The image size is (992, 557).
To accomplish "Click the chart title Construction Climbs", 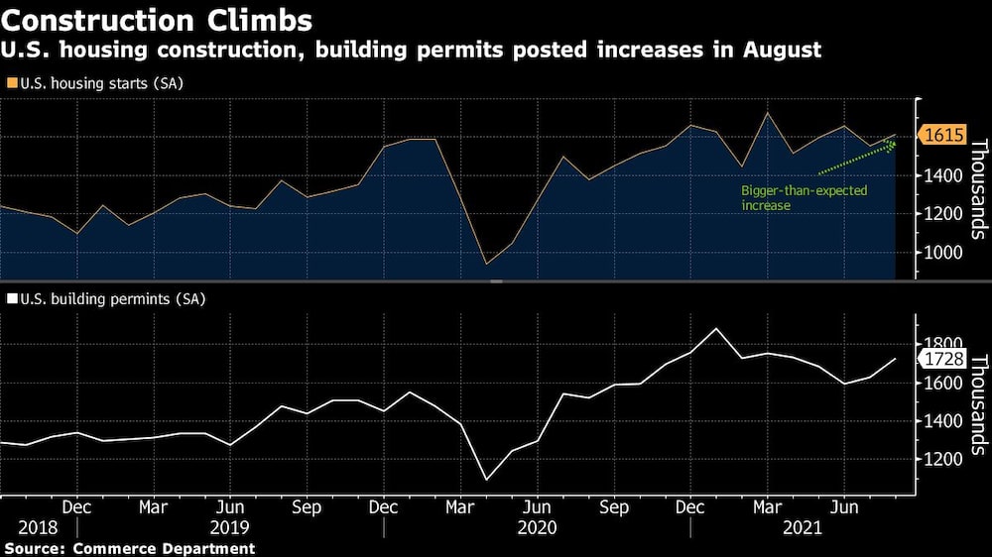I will tap(159, 20).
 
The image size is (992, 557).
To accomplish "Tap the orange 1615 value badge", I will tap(943, 136).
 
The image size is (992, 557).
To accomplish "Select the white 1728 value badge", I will tap(943, 359).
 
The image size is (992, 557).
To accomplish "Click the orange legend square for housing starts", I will tap(11, 83).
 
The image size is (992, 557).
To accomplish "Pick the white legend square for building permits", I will tap(11, 297).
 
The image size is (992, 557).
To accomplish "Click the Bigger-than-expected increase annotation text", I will tap(791, 197).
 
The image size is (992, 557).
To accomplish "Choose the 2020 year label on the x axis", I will tap(538, 529).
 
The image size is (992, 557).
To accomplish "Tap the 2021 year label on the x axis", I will tap(802, 529).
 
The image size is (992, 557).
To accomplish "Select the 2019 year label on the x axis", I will tap(230, 529).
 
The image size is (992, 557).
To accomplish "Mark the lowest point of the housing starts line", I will tap(486, 264).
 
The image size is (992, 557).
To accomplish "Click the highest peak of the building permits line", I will tap(717, 328).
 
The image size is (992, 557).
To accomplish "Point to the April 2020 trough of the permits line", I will tap(486, 480).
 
